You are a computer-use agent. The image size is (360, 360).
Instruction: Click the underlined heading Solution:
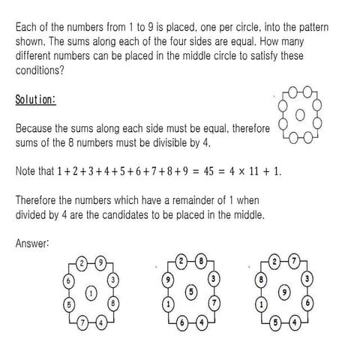(35, 100)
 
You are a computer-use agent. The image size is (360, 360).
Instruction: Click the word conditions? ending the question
(40, 71)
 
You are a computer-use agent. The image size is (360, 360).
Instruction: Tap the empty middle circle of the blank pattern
(301, 115)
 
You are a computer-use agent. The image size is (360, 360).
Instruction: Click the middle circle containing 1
(91, 293)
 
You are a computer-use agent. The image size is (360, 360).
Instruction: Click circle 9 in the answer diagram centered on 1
(100, 263)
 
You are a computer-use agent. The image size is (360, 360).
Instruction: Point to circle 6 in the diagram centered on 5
(181, 322)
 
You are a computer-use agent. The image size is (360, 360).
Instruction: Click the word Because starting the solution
(34, 128)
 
